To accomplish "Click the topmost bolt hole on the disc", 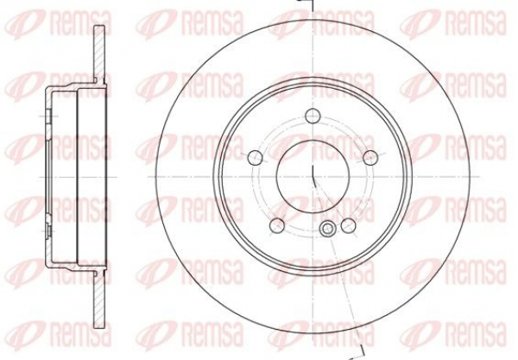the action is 313,116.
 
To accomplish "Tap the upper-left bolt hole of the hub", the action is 256,157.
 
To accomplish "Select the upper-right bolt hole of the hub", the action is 370,157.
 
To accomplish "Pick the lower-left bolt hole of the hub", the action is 277,225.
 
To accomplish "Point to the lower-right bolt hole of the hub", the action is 349,225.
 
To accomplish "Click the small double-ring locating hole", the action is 327,229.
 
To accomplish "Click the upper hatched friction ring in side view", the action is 99,53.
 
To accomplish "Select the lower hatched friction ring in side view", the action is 99,300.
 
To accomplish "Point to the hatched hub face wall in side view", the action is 48,177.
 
